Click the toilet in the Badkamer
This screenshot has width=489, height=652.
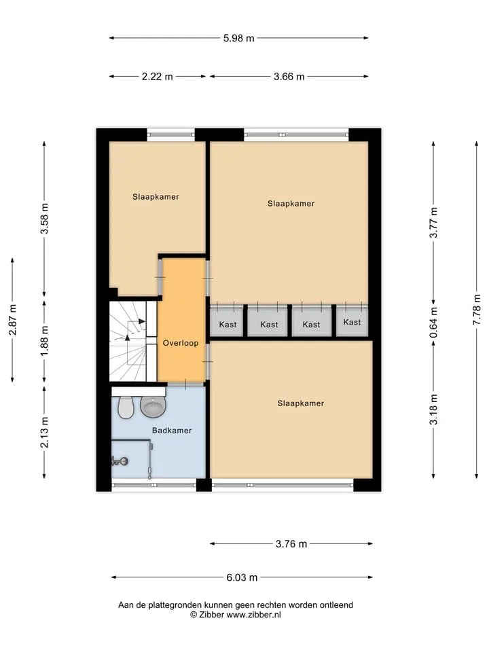pyautogui.click(x=125, y=407)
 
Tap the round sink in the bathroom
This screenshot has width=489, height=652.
pyautogui.click(x=153, y=407)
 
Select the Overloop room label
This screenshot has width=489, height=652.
pyautogui.click(x=181, y=343)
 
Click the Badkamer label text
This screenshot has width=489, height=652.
pyautogui.click(x=172, y=431)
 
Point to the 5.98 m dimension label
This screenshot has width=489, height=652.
pyautogui.click(x=238, y=38)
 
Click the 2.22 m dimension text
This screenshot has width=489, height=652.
pyautogui.click(x=157, y=77)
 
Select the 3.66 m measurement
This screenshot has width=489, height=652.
pyautogui.click(x=289, y=77)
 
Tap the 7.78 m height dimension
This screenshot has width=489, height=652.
pyautogui.click(x=477, y=310)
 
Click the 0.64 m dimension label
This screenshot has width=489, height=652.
pyautogui.click(x=433, y=323)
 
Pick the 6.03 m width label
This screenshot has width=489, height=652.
pyautogui.click(x=242, y=577)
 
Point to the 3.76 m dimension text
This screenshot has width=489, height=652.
pyautogui.click(x=291, y=543)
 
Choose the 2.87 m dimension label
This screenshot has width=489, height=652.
pyautogui.click(x=12, y=320)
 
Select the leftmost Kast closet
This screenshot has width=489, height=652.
pyautogui.click(x=227, y=321)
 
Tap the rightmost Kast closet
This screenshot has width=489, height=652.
pyautogui.click(x=352, y=321)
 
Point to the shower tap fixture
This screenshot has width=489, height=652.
pyautogui.click(x=120, y=460)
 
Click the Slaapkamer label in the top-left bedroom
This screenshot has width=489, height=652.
pyautogui.click(x=156, y=197)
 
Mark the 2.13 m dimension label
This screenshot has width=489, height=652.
pyautogui.click(x=44, y=433)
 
